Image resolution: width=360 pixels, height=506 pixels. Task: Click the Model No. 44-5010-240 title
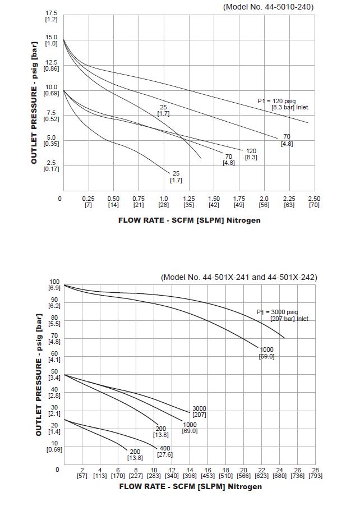[268, 7]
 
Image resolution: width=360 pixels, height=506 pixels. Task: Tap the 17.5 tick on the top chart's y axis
[51, 15]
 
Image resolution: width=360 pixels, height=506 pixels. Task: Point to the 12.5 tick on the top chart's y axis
[51, 65]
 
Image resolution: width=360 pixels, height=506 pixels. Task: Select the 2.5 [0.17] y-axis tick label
[51, 165]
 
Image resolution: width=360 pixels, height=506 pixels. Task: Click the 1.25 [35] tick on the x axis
[188, 201]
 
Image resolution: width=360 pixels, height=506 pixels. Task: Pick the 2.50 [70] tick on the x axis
[314, 201]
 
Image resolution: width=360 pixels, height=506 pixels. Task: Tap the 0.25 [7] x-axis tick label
[88, 201]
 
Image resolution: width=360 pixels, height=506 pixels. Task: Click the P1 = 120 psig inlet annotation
[283, 104]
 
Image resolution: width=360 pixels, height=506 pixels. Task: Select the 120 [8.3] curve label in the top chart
[251, 154]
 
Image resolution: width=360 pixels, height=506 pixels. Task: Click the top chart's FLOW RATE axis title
[189, 220]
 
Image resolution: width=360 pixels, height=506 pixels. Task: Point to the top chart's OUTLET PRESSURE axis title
[34, 103]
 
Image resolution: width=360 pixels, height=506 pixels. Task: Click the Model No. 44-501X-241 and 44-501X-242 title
[239, 277]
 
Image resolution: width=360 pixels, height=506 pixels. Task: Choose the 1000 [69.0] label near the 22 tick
[266, 353]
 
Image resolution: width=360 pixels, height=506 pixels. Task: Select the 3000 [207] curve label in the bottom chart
[199, 411]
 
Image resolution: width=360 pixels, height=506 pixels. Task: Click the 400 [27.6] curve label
[165, 451]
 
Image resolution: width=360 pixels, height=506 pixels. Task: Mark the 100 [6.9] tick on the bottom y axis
[54, 284]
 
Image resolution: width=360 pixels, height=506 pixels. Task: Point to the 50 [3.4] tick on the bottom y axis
[54, 375]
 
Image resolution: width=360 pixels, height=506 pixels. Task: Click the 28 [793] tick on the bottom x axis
[315, 473]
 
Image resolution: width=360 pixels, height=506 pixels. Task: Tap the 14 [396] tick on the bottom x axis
[190, 473]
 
